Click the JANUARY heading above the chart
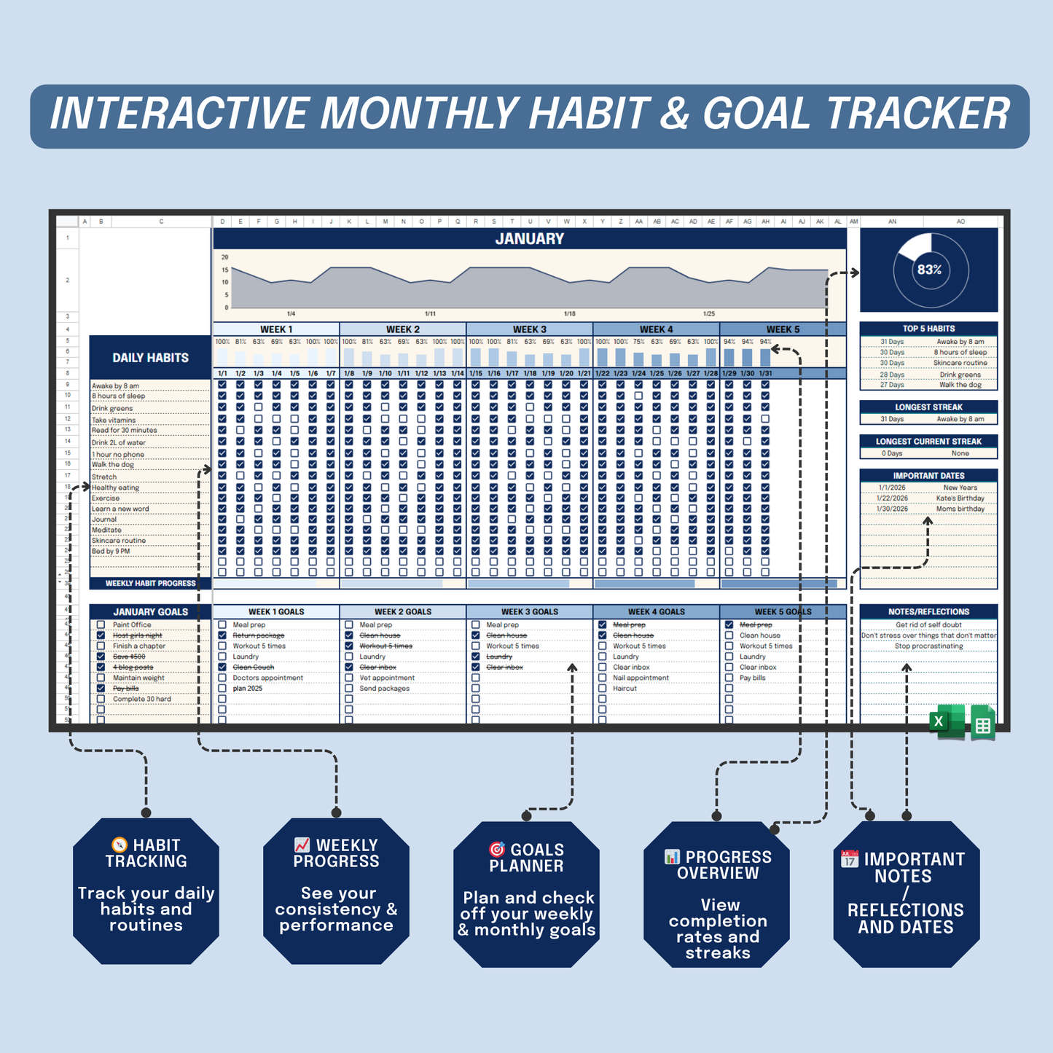(x=529, y=238)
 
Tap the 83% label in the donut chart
(x=929, y=270)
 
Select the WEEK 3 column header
(x=529, y=329)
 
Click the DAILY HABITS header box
(x=150, y=358)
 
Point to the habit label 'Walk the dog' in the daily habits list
(x=113, y=464)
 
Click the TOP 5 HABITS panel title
(x=928, y=329)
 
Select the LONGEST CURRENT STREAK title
(x=928, y=442)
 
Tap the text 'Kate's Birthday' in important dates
(x=960, y=498)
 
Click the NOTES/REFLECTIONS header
(x=928, y=612)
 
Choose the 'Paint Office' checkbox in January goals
(x=101, y=625)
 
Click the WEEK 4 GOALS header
(x=656, y=612)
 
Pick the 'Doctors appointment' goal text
(x=267, y=678)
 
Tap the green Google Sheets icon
(x=982, y=723)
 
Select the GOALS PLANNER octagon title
(x=526, y=858)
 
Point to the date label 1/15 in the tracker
(x=476, y=373)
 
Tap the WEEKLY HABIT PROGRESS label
(x=150, y=584)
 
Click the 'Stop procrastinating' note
(x=928, y=646)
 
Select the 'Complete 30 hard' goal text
(x=142, y=699)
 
